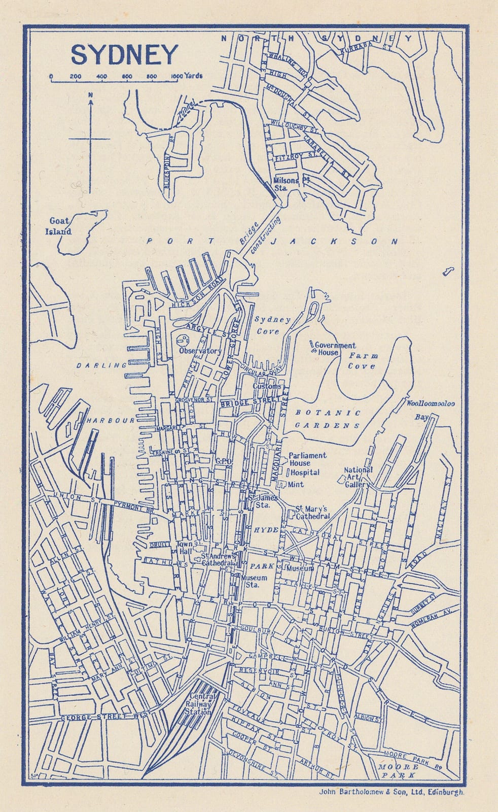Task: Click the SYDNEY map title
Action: coord(124,55)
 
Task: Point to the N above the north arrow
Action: coord(90,95)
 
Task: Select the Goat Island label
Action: coord(60,226)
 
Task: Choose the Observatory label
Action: coord(200,351)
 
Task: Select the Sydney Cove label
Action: coord(272,325)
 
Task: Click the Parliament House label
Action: coord(307,459)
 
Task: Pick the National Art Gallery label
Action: coord(358,477)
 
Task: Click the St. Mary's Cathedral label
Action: coord(312,513)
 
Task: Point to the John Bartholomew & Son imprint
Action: coord(391,791)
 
